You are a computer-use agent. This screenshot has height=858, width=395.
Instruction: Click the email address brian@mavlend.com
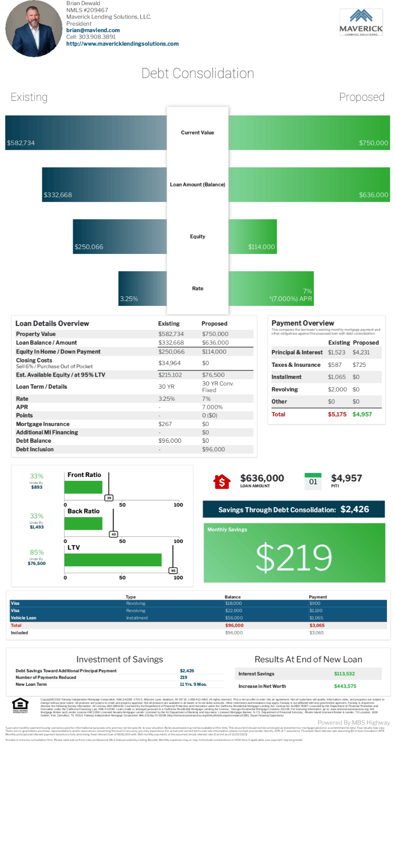point(93,30)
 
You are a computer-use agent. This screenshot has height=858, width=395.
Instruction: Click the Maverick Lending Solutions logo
point(361,23)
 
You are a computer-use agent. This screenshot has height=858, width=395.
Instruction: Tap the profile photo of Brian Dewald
point(33,29)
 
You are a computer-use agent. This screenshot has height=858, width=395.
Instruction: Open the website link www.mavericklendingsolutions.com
point(122,44)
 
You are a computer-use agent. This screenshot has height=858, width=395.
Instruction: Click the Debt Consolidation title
point(197,73)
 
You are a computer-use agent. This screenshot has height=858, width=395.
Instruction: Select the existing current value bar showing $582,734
point(86,133)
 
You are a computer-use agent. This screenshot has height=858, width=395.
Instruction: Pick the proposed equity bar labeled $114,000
point(253,236)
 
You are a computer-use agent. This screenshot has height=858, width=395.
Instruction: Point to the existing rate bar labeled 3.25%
point(142,288)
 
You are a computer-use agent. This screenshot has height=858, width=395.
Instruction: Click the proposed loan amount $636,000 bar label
point(373,195)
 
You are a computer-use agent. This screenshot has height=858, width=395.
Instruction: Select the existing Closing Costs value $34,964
point(170,363)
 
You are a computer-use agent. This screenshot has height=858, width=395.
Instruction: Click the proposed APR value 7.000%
point(213,407)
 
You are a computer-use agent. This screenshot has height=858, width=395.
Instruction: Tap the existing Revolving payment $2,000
point(337,390)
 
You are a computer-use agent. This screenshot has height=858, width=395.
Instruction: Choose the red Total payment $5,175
point(337,414)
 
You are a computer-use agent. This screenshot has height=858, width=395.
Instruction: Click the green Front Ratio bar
point(83,487)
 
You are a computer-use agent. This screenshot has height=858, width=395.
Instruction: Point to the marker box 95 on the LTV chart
point(173,571)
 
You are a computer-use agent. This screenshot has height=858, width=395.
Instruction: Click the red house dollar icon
point(222,481)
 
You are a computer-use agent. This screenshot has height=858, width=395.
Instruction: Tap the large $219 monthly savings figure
point(294,557)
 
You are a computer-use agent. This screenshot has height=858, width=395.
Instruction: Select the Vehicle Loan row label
point(24,618)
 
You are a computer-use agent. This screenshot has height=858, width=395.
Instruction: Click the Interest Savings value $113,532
point(344,674)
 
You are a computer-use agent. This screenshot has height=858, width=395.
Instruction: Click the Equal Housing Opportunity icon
point(20,704)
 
